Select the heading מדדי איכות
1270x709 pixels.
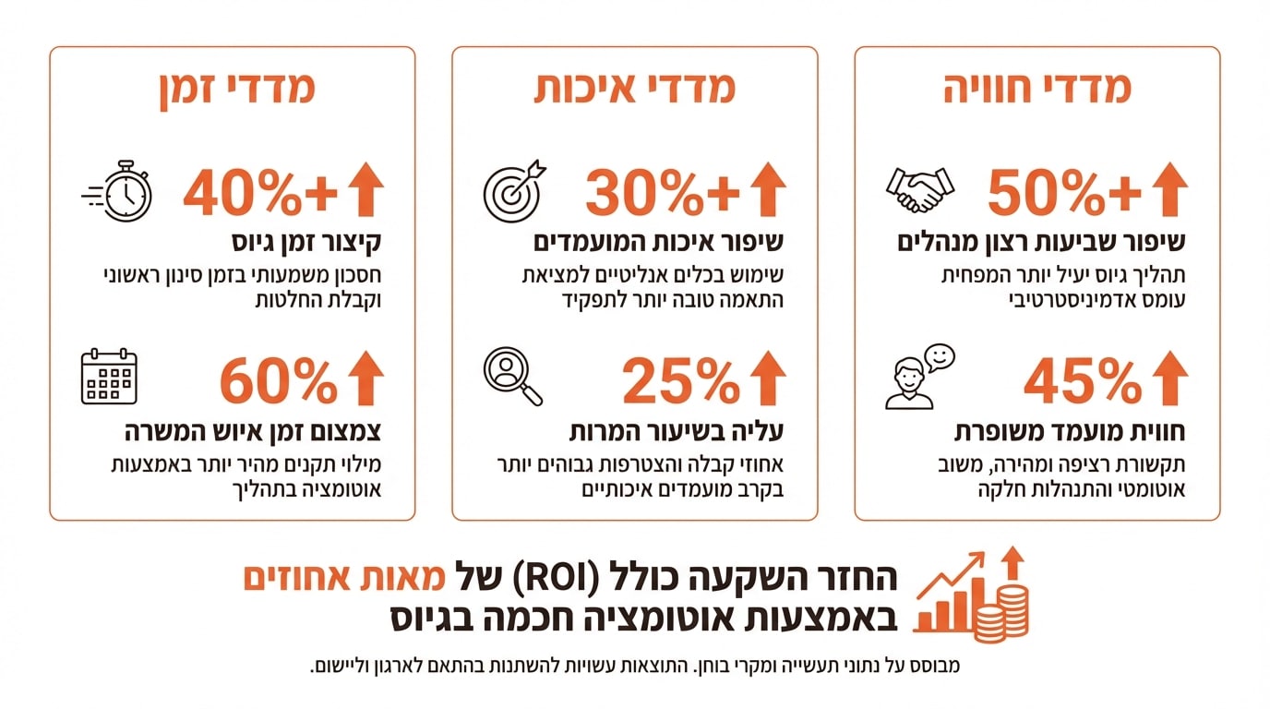coord(635,89)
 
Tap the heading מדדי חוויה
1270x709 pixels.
coord(1037,89)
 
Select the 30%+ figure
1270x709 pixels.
coord(663,191)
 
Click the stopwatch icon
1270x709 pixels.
coord(118,191)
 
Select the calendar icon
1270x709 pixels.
coord(109,377)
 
